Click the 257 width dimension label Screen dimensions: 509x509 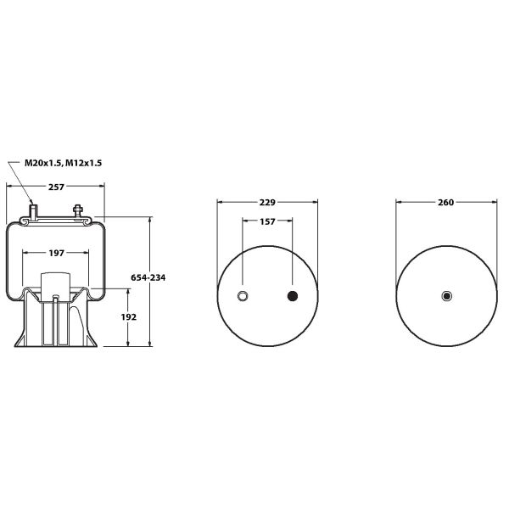57,187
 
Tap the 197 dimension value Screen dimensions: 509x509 57,253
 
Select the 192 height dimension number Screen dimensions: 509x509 129,316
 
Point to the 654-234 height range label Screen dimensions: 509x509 148,277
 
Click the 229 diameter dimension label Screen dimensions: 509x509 267,202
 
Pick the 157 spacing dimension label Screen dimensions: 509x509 267,221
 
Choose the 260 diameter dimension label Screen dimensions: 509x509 445,202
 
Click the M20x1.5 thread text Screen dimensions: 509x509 43,163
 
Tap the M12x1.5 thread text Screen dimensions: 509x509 84,163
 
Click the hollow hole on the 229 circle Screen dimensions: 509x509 243,296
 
